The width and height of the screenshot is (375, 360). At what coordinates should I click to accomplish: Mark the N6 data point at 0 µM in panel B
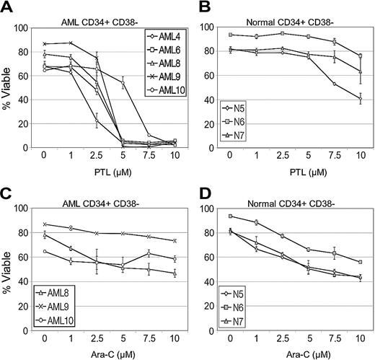point(231,35)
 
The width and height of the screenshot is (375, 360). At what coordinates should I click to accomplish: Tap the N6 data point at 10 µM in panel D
point(360,262)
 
